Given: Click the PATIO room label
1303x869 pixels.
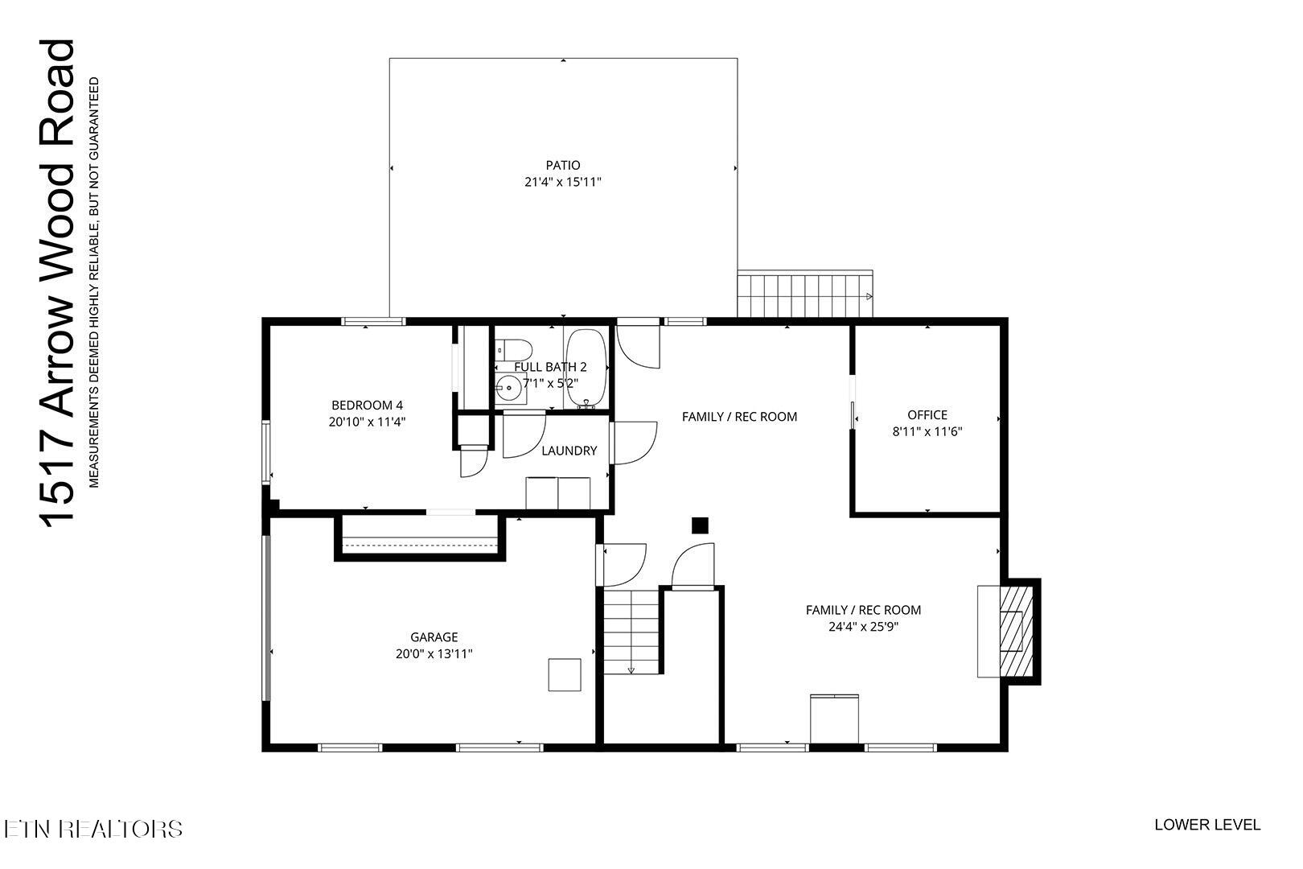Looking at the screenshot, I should (x=563, y=166).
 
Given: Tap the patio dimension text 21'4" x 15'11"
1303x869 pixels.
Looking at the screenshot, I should (x=563, y=183).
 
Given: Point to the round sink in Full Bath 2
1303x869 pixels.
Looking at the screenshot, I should (x=508, y=388).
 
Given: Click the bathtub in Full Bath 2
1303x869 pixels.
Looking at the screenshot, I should (x=586, y=369).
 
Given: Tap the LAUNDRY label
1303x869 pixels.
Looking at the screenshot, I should (x=569, y=451).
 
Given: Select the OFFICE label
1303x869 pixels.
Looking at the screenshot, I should (x=927, y=415).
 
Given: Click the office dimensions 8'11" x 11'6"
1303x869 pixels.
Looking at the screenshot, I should (x=927, y=431).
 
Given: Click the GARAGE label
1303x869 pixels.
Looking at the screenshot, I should (x=434, y=637).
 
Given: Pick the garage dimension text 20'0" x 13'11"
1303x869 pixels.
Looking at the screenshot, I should (x=434, y=654).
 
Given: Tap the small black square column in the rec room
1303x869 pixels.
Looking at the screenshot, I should (x=700, y=525).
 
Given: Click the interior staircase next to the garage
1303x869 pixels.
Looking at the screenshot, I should (x=632, y=632).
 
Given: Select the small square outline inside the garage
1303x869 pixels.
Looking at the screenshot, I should (x=565, y=674).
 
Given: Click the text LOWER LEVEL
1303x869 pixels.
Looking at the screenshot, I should (x=1207, y=825).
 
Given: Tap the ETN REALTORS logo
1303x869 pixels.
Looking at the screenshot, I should (x=93, y=829).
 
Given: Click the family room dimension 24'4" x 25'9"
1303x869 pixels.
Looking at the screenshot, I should (x=863, y=627).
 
